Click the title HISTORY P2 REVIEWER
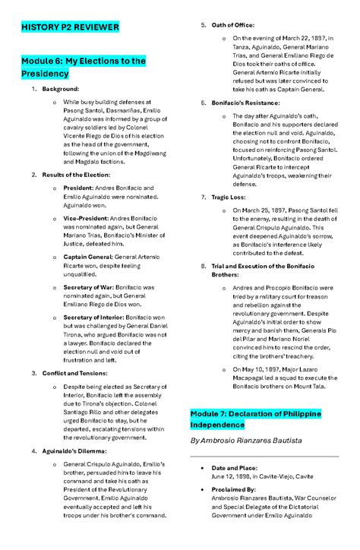pos(70,27)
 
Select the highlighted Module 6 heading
pos(83,67)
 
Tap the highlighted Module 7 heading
pos(255,419)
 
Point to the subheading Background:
pos(61,89)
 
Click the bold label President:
pos(79,188)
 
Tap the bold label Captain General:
pos(90,258)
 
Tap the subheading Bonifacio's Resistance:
pos(245,103)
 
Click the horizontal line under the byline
pos(264,456)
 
